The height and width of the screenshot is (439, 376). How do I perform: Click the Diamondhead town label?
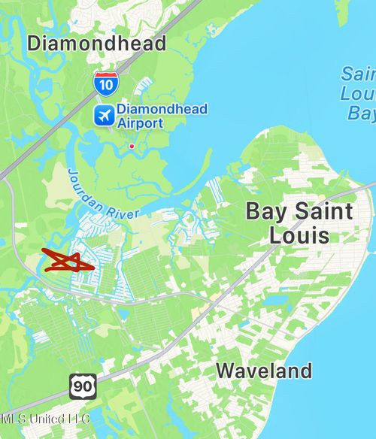point(97,44)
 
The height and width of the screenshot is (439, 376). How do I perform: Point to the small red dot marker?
point(132,146)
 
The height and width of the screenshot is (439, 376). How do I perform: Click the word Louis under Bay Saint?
point(299,235)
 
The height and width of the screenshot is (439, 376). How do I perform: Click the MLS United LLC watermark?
point(45,418)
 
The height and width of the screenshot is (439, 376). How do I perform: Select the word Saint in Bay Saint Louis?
point(320,211)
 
